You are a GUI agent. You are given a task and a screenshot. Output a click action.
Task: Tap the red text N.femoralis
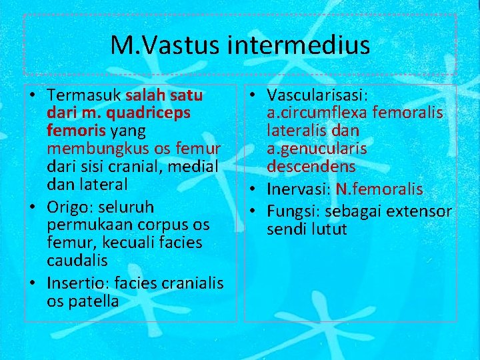[379, 189]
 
